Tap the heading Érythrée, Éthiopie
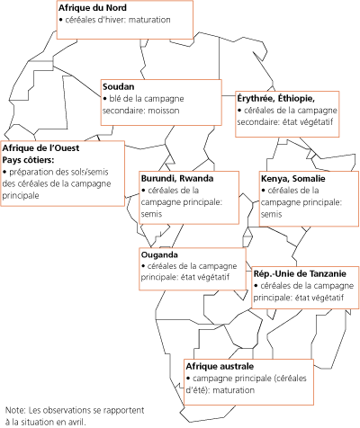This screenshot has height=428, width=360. [x=274, y=97]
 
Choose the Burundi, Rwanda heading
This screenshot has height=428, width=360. [x=177, y=178]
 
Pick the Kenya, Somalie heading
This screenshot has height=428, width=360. [x=292, y=179]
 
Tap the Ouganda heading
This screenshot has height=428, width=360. [x=160, y=255]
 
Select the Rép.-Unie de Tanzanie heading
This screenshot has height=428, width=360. [x=295, y=272]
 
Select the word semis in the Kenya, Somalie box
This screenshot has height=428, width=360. [x=271, y=214]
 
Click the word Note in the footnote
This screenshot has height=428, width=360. [x=15, y=408]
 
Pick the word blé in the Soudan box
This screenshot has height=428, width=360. [x=116, y=97]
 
